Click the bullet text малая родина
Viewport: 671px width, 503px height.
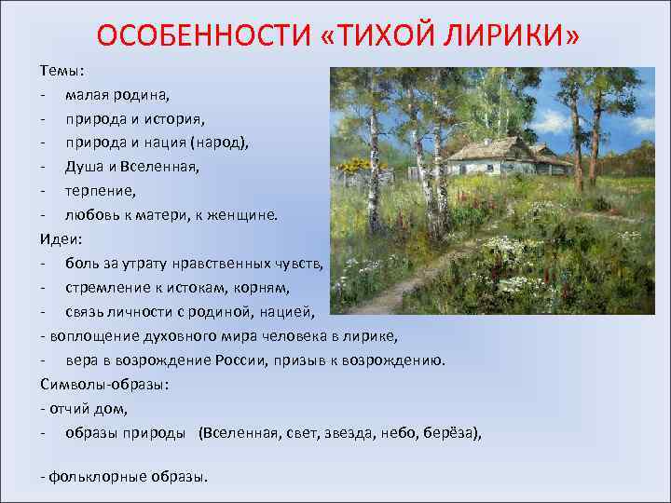pos(116,94)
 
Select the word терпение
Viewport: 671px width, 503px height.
pos(100,191)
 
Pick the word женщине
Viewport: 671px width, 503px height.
pos(244,215)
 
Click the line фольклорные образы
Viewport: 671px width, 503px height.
pos(128,476)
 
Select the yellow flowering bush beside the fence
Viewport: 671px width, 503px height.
pos(355,168)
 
